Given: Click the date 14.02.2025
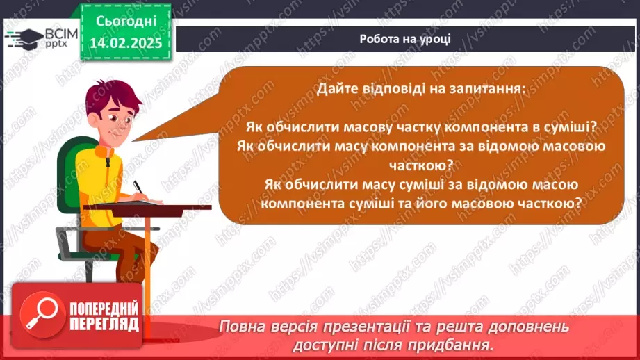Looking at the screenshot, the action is pos(126,42).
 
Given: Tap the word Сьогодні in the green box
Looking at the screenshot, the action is pos(126,22).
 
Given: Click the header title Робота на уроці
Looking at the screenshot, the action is pos(405,39).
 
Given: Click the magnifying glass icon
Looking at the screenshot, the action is pos(42,314).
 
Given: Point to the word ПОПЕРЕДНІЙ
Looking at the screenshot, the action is pos(104,309).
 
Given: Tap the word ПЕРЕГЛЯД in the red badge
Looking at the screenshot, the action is pos(104,324).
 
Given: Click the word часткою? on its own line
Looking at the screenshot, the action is pos(421,165).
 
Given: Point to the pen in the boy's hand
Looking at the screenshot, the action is pos(138,188).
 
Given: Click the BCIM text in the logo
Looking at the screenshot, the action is pos(61,34).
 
